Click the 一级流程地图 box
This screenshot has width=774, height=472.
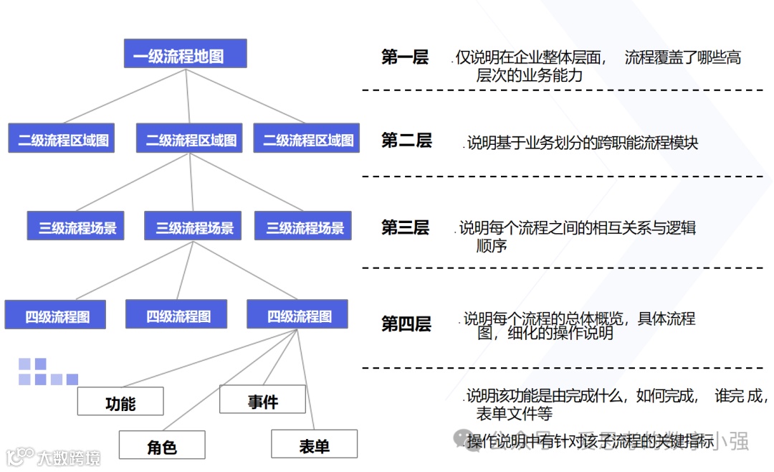[186, 55]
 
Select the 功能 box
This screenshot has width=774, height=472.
[120, 402]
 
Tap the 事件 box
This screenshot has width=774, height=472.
[262, 400]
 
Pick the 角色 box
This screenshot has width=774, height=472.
[162, 445]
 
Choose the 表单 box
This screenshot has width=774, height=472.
[314, 445]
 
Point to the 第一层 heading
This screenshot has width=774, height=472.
[405, 58]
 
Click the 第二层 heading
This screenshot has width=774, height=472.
[406, 141]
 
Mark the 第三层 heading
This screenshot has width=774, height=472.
[405, 228]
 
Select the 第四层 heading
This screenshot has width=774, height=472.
[406, 324]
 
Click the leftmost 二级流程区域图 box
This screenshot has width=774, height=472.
[62, 139]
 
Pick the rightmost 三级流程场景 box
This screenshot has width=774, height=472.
[305, 227]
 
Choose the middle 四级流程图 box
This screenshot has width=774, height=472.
[178, 315]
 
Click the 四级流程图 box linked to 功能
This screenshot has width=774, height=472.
[299, 315]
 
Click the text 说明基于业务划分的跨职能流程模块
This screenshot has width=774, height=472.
[582, 143]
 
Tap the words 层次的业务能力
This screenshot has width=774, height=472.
[530, 75]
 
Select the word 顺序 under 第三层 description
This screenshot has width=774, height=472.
[492, 246]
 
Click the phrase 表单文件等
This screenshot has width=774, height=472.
[515, 413]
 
